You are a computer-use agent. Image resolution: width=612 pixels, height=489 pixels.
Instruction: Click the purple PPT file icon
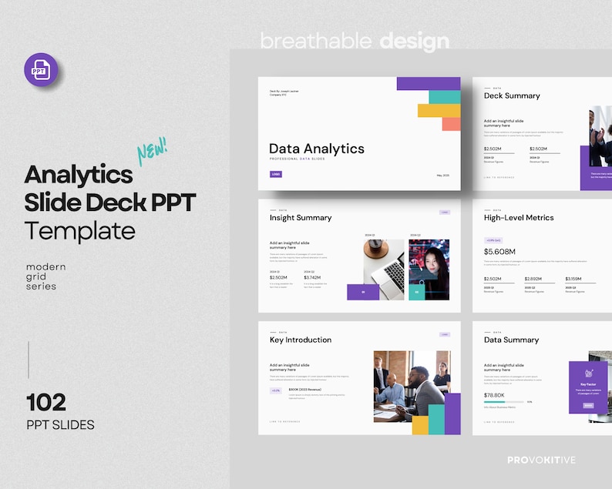40,70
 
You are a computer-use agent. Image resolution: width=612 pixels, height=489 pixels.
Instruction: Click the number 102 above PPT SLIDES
46,402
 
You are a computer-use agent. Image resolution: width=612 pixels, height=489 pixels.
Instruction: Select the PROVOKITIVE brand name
541,460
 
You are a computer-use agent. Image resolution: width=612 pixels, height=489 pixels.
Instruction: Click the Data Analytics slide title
316,149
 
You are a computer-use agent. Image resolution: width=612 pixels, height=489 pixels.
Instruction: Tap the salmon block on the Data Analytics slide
451,124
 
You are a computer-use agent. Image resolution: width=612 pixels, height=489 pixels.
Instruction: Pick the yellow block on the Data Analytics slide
439,110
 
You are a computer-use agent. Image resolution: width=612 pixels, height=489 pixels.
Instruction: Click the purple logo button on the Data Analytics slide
275,174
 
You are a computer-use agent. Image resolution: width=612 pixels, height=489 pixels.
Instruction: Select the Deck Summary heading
512,95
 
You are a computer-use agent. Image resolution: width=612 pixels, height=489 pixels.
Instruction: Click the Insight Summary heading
301,218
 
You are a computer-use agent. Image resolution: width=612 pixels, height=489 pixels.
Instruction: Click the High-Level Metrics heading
519,218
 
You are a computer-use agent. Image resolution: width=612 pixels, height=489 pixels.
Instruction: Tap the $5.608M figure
499,252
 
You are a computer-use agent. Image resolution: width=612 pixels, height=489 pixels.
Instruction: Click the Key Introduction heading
301,340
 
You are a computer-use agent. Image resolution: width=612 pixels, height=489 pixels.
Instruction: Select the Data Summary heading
511,340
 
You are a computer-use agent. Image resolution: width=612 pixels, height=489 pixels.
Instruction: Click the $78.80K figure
494,395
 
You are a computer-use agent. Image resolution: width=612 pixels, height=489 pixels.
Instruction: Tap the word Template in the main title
79,230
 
